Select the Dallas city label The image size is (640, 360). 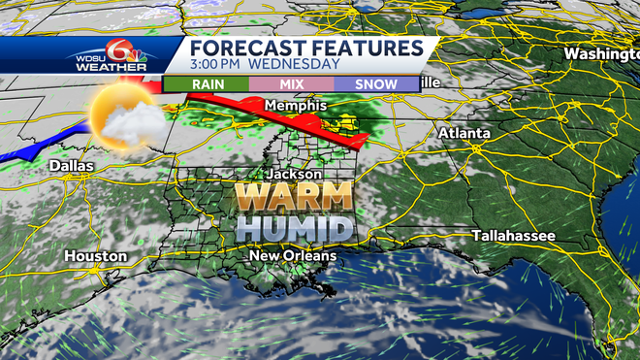(72, 166)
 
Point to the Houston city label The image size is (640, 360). (95, 255)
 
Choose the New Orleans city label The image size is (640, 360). (292, 255)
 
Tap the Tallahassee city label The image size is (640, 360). (513, 236)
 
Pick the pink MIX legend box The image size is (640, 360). (292, 84)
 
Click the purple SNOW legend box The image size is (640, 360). (376, 84)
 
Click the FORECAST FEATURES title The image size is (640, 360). (305, 49)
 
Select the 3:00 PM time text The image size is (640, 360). (214, 65)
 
